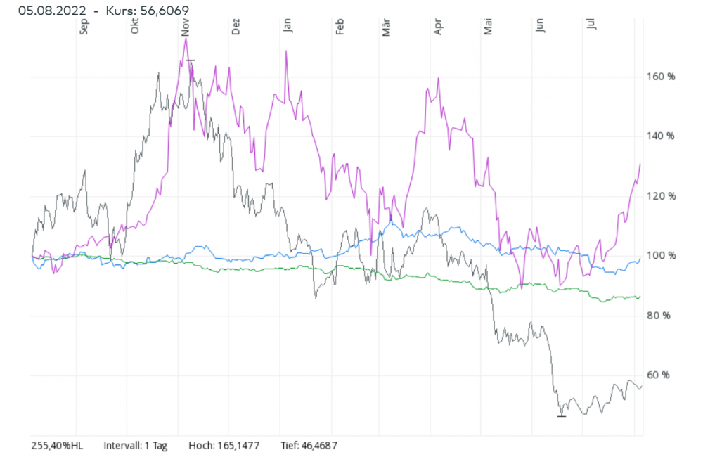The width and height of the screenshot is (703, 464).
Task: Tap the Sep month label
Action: [84, 26]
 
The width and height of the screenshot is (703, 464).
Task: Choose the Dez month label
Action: [236, 26]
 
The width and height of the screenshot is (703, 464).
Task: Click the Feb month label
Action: [339, 26]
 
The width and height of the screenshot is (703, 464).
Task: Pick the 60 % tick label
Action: [658, 375]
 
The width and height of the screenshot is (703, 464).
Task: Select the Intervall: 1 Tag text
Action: [135, 446]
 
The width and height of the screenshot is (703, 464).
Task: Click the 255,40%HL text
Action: [57, 446]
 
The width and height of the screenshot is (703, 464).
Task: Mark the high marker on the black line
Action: [191, 60]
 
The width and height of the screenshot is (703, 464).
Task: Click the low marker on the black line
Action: [561, 416]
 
